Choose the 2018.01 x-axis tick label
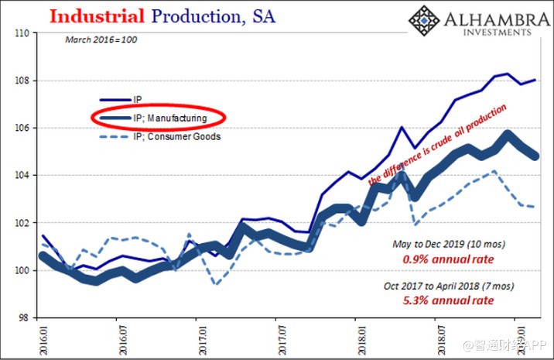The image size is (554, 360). [x=355, y=337]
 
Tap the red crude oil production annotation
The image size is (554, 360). [x=439, y=144]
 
